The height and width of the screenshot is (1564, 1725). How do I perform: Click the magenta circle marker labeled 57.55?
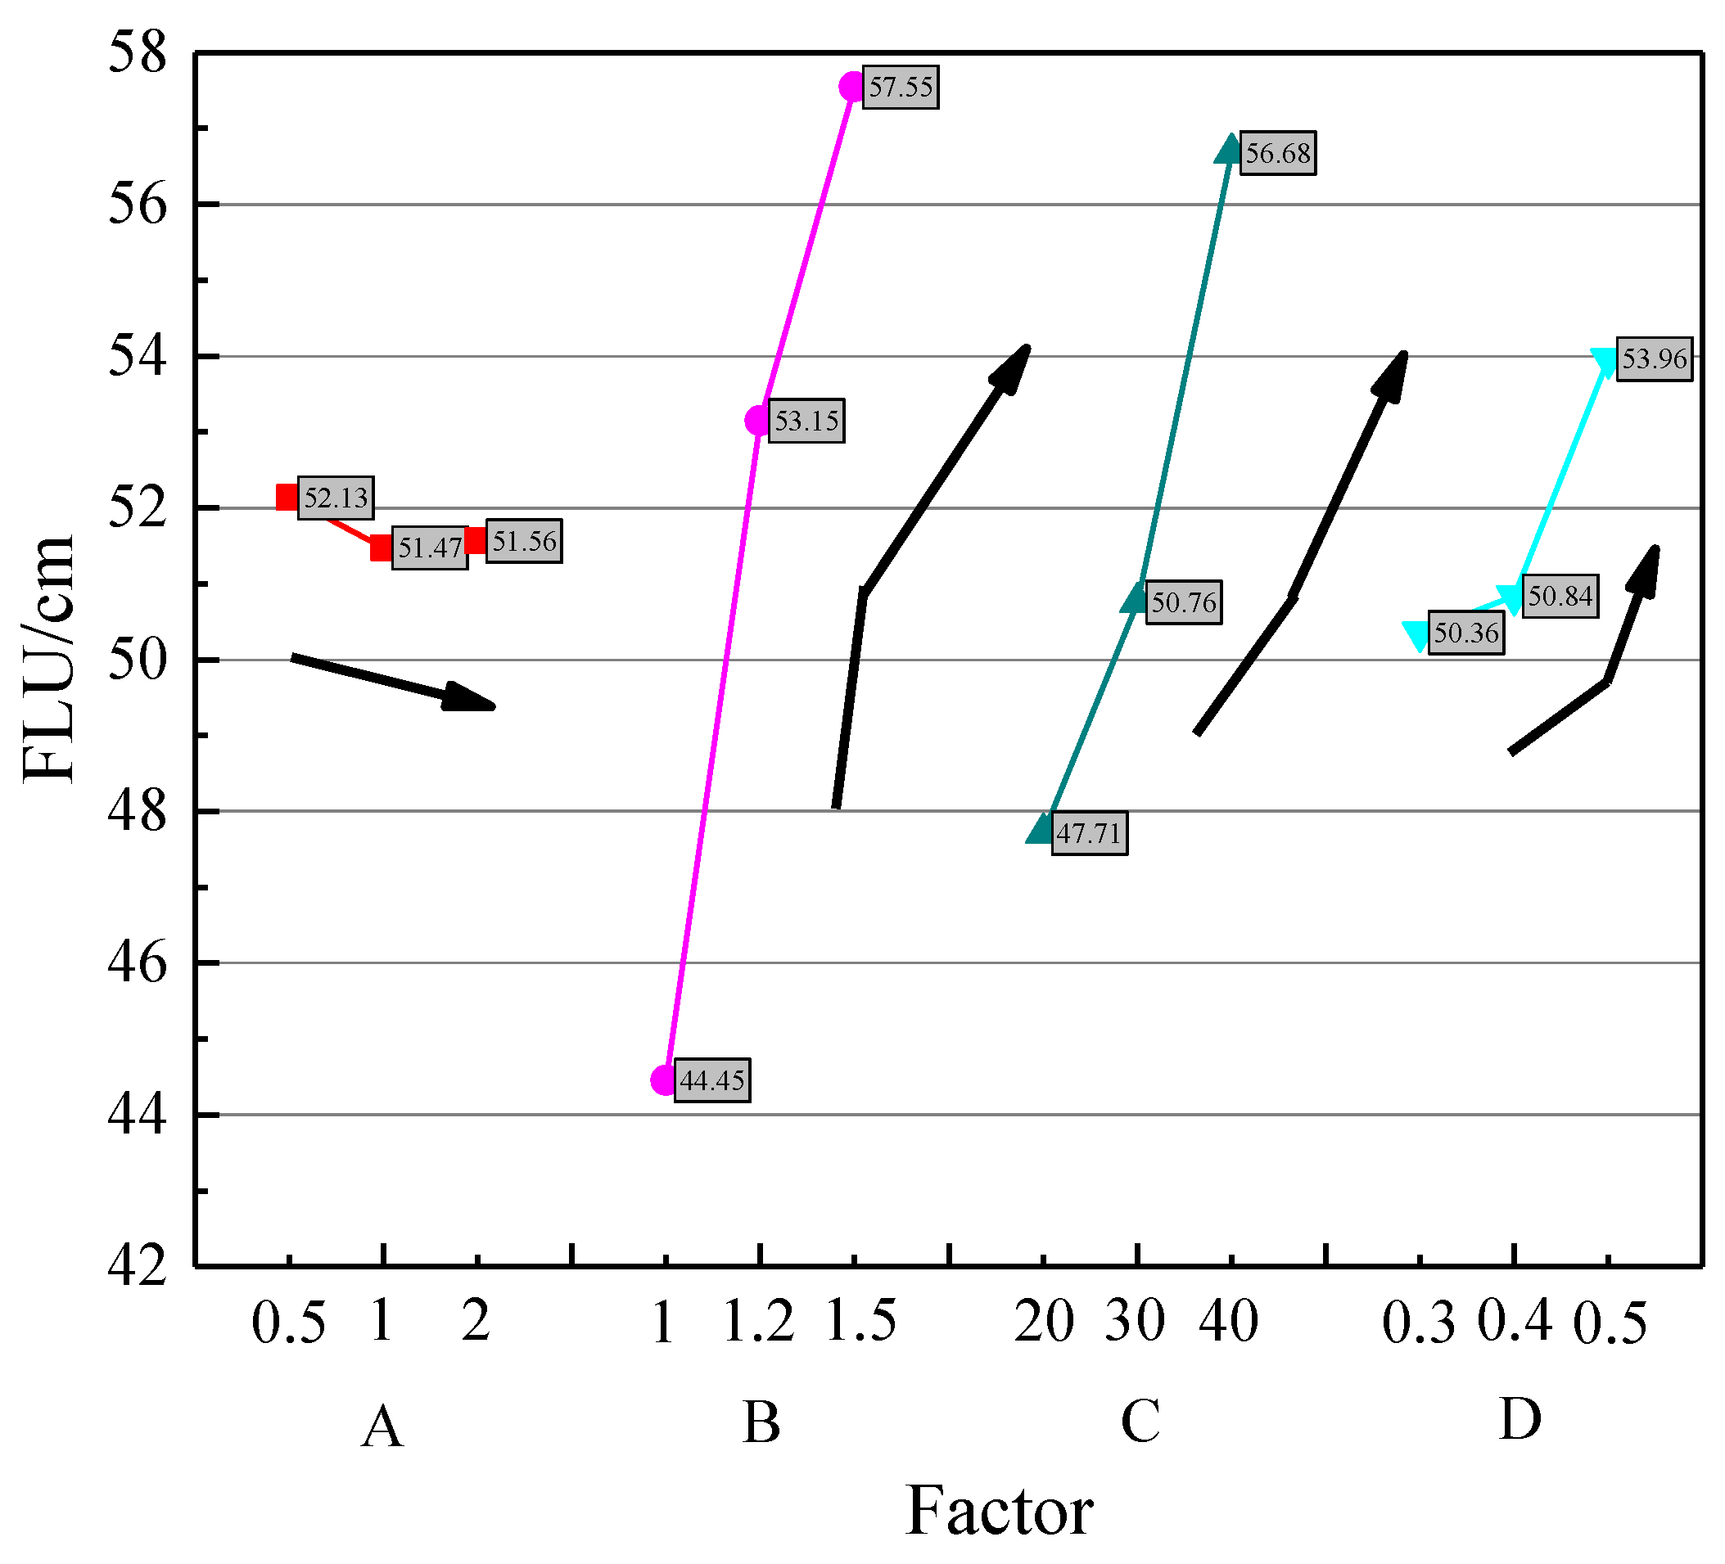click(852, 87)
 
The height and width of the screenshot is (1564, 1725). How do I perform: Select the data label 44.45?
click(712, 1080)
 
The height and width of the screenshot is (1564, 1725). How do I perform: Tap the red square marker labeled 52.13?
click(287, 496)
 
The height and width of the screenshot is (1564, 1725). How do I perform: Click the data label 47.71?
click(1088, 832)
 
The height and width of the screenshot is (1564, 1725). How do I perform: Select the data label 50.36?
click(1466, 633)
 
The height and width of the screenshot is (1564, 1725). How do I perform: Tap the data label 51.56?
click(524, 541)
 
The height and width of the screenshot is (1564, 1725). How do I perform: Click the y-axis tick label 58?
click(137, 53)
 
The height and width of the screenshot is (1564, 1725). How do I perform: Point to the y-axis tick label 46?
click(137, 963)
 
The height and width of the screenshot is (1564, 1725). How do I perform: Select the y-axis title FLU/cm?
click(49, 659)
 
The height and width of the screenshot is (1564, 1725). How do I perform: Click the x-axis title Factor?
click(999, 1511)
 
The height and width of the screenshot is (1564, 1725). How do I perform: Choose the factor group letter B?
click(761, 1423)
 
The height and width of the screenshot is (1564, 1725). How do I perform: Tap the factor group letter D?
click(1520, 1419)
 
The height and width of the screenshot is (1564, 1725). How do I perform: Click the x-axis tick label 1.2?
click(759, 1322)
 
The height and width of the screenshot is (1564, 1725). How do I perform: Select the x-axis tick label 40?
click(1229, 1322)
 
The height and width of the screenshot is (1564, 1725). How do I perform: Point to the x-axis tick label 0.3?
click(1419, 1323)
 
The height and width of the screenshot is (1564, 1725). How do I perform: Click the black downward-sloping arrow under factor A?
click(394, 682)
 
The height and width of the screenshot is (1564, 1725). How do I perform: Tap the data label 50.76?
click(1183, 602)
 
